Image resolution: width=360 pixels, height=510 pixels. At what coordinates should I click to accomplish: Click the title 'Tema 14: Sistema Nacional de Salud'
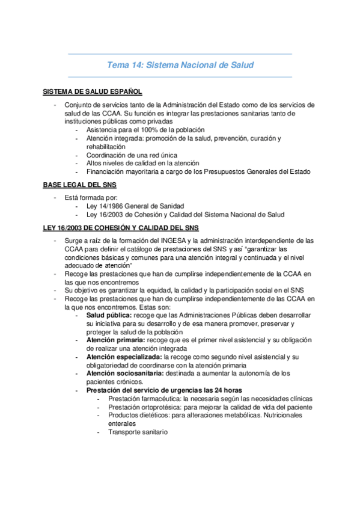click(x=180, y=65)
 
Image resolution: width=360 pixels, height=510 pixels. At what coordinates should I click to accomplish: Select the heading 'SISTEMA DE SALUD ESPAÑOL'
click(x=93, y=92)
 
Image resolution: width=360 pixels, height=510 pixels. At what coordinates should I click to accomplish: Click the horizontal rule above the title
click(x=180, y=54)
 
